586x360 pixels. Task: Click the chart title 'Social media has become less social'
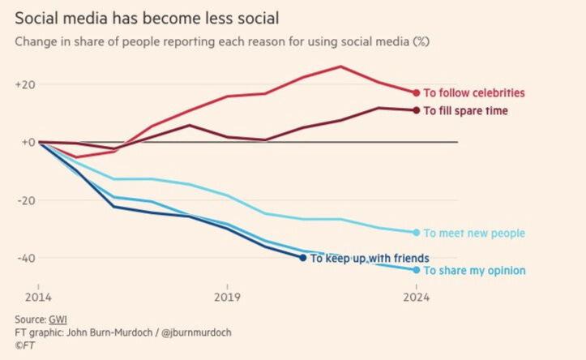tap(142, 15)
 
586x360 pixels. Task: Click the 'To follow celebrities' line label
tap(474, 93)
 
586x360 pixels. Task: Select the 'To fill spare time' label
tap(466, 110)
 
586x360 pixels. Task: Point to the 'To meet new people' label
tap(474, 234)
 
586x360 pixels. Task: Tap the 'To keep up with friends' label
tap(370, 258)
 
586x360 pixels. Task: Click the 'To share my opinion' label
tap(474, 271)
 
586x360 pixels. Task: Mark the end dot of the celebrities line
tap(417, 93)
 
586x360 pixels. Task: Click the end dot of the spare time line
tap(417, 110)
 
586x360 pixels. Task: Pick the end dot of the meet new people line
tap(417, 233)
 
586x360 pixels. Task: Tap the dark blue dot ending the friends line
tap(303, 258)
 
